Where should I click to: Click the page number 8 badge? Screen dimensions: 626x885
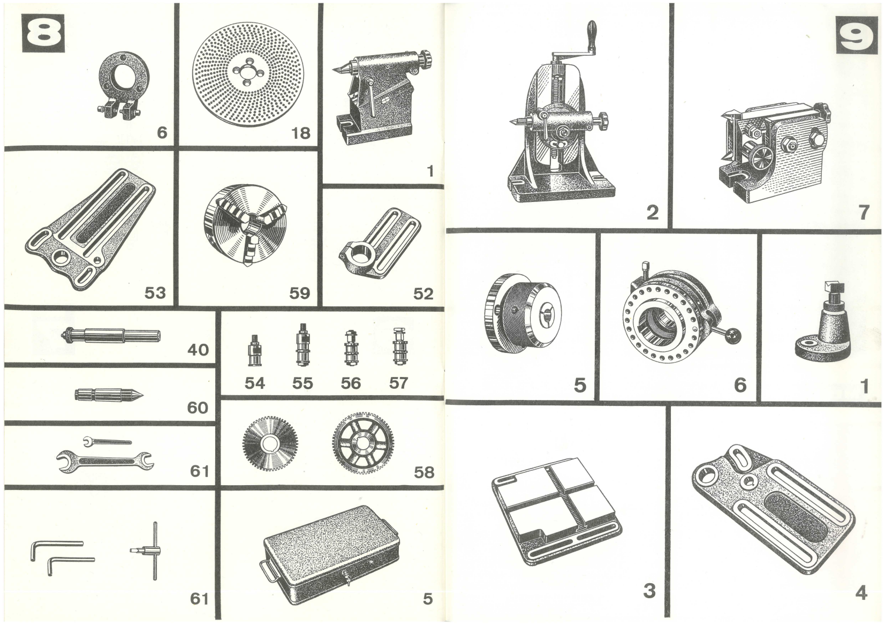pos(43,33)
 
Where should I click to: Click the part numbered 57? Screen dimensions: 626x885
pos(397,346)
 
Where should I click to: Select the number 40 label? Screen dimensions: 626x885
pos(198,350)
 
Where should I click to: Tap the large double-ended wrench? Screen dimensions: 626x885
pos(105,461)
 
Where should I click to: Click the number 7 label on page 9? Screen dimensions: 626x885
pos(863,213)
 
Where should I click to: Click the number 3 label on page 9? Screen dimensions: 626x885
pos(649,591)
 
